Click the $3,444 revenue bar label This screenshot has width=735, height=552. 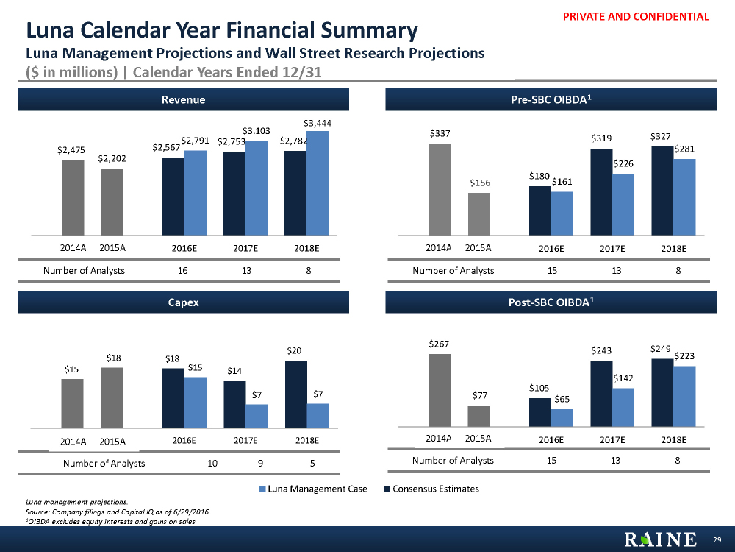pos(318,123)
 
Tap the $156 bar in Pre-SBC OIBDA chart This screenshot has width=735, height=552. pos(479,213)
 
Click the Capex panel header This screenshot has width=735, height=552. pos(183,302)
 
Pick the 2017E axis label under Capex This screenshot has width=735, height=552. pos(245,441)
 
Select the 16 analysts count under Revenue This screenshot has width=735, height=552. pos(183,270)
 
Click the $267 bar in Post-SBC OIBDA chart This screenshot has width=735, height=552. pos(440,390)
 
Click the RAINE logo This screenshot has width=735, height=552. pos(659,540)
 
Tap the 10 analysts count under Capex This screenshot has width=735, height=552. pos(212,464)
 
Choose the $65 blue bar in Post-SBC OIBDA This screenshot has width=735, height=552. pos(562,417)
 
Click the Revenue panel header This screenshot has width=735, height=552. pos(183,99)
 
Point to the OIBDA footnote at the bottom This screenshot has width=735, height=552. pos(111,522)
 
